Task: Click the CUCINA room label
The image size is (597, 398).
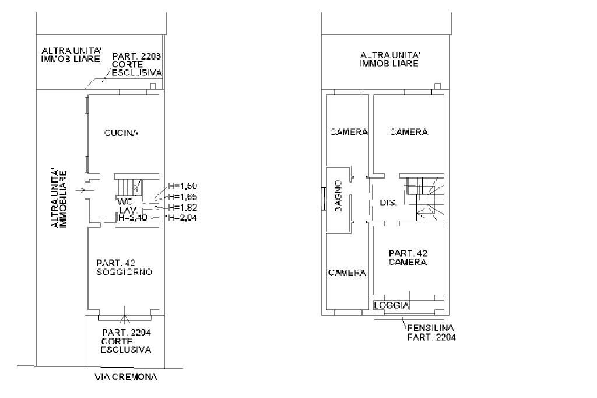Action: point(121,133)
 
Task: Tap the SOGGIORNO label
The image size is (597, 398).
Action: point(124,272)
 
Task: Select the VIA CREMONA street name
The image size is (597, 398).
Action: point(125,377)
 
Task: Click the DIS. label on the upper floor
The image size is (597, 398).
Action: point(388,203)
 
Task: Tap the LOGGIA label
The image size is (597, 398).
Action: point(392,305)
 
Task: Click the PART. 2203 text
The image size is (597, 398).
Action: point(137,56)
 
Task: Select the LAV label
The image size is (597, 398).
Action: point(127,210)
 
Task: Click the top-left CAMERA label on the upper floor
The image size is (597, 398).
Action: point(349,132)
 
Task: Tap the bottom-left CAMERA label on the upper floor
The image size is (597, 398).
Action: point(347,273)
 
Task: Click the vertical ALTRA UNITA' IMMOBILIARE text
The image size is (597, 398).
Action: point(59,198)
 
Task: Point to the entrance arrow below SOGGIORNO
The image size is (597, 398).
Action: point(124,320)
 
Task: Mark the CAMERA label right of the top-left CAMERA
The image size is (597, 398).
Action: point(409,132)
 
